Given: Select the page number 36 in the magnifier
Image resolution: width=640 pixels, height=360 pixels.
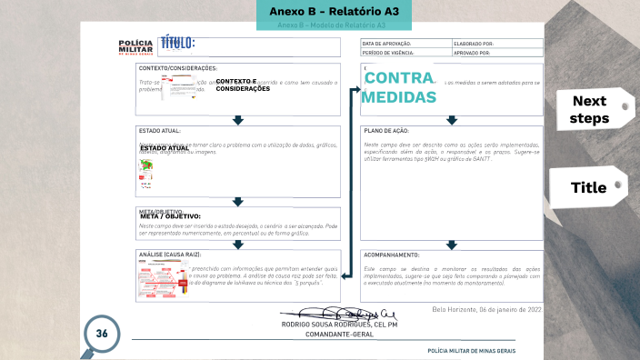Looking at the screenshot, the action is click(x=102, y=333).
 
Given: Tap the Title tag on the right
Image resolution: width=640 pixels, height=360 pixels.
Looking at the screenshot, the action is click(x=588, y=188).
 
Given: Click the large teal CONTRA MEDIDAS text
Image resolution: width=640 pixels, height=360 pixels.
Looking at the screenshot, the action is click(x=399, y=95).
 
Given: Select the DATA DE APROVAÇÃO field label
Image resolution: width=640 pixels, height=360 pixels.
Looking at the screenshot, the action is click(x=387, y=43).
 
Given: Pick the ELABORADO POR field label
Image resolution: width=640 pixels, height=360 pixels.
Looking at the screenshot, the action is click(x=473, y=43).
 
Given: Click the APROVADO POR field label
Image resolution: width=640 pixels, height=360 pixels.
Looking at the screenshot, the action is click(x=473, y=53).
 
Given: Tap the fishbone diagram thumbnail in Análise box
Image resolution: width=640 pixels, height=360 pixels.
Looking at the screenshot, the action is click(x=162, y=284).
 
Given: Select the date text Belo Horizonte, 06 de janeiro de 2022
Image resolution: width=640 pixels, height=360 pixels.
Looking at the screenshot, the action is click(x=487, y=310).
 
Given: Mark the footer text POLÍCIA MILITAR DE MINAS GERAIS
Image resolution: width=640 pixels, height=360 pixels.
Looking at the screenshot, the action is click(x=484, y=351).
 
